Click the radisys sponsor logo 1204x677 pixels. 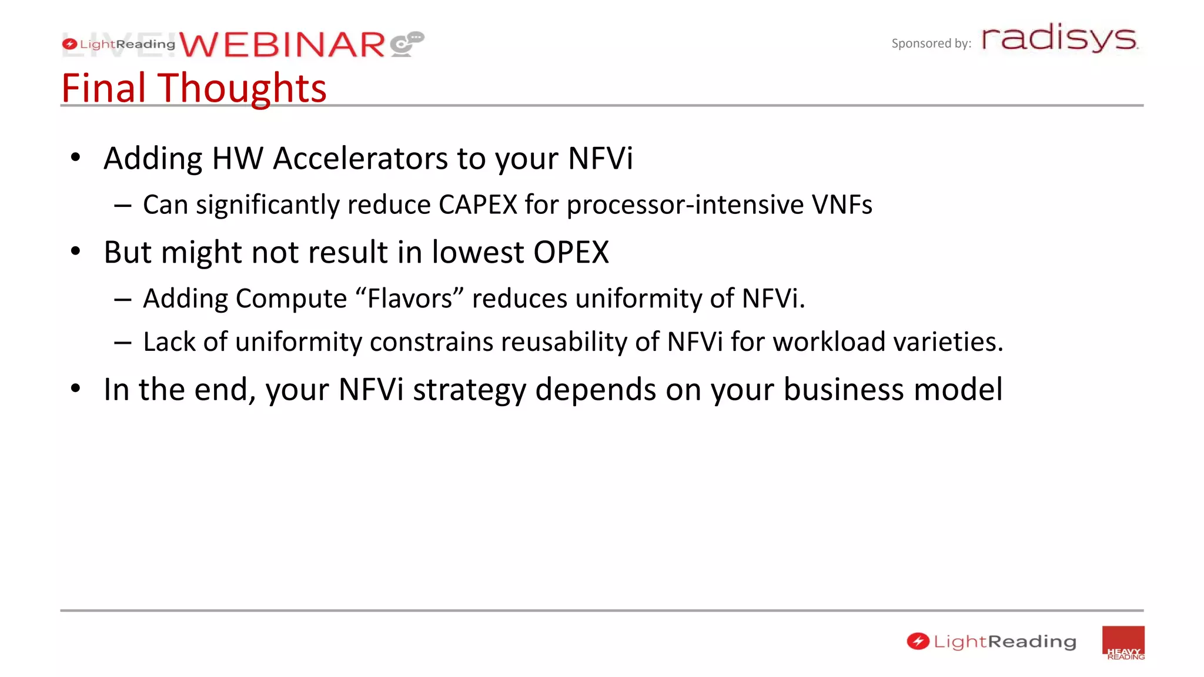[x=1059, y=39]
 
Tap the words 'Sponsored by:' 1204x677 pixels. [x=931, y=43]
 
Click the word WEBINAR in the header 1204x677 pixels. [x=282, y=45]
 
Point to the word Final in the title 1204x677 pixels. [x=103, y=88]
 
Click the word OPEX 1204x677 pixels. [x=571, y=253]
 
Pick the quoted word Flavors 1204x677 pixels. [x=410, y=299]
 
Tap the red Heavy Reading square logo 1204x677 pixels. [x=1123, y=643]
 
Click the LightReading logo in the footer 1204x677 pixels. [x=991, y=642]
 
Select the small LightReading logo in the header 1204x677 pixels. [x=119, y=44]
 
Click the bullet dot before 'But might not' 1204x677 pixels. [x=75, y=252]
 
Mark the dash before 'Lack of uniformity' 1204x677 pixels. [x=123, y=343]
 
